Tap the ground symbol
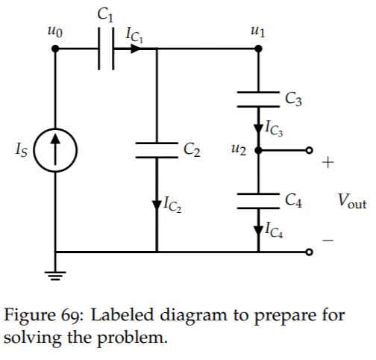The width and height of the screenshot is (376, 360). tap(55, 276)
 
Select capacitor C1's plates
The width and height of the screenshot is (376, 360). tap(106, 49)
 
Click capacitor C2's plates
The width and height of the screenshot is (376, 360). tap(157, 150)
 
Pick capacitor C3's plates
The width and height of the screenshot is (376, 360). tap(258, 99)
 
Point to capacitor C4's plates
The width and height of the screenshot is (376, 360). tap(258, 201)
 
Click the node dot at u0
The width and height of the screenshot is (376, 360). tap(55, 49)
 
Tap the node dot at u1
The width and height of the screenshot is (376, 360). tap(258, 49)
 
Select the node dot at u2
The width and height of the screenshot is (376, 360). tap(258, 150)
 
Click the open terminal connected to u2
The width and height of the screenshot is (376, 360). tap(309, 150)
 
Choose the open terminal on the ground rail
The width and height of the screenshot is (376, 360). tap(309, 252)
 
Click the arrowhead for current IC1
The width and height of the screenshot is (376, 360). tap(136, 49)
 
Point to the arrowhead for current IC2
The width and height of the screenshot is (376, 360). tap(157, 205)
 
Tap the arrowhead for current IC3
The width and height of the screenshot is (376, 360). tap(258, 129)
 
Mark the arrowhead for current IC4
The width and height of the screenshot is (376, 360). tap(258, 231)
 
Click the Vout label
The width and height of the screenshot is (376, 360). tap(352, 201)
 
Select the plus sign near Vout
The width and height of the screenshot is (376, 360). tap(328, 163)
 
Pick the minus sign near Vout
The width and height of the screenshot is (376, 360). tap(328, 240)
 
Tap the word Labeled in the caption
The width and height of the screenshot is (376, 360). tap(122, 314)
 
